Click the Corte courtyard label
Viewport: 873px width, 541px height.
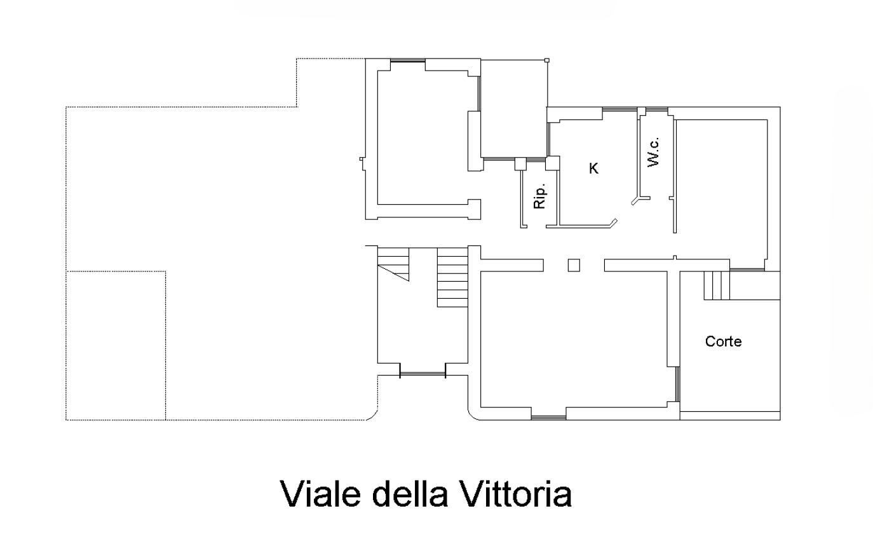click(723, 341)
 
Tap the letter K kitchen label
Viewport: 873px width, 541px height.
click(593, 168)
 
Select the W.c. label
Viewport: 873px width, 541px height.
click(654, 152)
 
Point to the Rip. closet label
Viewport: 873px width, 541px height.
click(540, 196)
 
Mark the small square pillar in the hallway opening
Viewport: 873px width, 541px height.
click(574, 265)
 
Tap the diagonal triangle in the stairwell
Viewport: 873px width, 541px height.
click(393, 273)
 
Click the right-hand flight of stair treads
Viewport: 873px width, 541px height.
click(452, 277)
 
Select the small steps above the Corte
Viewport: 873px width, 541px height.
click(717, 285)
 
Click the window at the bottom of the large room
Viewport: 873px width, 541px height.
click(548, 418)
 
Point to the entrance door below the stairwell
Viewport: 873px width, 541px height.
click(423, 374)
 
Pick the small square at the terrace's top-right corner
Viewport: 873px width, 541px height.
click(547, 60)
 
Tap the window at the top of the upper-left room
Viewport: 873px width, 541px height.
click(408, 60)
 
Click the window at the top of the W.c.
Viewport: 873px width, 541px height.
click(657, 109)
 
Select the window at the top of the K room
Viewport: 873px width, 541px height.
click(619, 109)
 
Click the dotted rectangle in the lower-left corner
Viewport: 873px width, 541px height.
click(116, 346)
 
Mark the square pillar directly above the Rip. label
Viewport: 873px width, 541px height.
click(520, 164)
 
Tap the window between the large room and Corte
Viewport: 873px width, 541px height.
click(678, 384)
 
